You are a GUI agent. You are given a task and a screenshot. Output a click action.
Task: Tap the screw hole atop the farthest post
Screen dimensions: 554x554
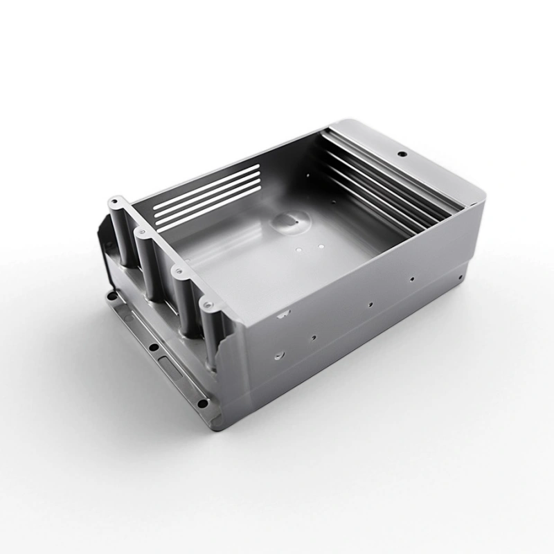[x=114, y=201]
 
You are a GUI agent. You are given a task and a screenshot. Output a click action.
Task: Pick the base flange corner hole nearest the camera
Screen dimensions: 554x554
[x=202, y=403]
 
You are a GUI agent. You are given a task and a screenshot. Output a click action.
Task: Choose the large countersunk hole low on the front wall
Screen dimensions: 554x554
[x=278, y=355]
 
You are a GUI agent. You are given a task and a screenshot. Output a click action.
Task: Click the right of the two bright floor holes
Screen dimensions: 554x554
[x=322, y=245]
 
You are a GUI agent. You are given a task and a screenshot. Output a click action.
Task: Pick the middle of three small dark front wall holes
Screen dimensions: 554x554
[x=370, y=303]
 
